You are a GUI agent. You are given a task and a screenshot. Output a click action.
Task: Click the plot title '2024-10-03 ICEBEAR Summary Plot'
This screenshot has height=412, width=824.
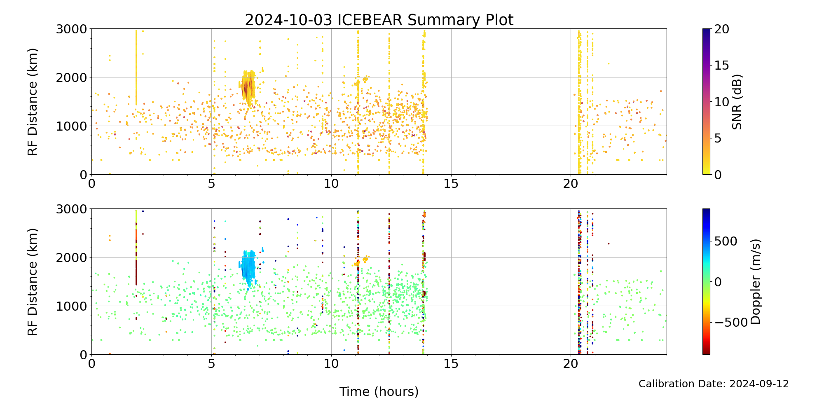(x=379, y=20)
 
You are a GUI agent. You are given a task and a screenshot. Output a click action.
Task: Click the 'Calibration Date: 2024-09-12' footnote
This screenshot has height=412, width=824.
(x=714, y=384)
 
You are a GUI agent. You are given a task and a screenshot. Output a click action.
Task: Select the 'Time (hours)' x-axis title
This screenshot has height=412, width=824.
(x=379, y=392)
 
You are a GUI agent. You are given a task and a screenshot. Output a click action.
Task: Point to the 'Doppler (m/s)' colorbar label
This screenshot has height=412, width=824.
(x=756, y=282)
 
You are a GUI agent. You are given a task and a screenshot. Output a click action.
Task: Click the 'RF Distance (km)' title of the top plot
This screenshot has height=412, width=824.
(x=33, y=102)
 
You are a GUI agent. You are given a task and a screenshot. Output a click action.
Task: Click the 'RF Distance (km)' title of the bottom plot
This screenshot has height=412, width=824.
(x=33, y=282)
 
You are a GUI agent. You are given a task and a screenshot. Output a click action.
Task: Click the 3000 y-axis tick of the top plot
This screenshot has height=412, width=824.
(x=71, y=29)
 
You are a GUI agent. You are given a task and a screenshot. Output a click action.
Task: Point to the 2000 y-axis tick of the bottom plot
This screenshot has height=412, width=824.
(x=71, y=257)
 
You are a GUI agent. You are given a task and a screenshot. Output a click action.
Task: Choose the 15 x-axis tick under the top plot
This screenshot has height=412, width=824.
(x=451, y=183)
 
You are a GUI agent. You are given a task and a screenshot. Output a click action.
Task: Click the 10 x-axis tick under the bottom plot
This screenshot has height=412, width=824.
(x=331, y=363)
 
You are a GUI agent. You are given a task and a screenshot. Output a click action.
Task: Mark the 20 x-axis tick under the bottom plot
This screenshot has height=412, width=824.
(x=571, y=363)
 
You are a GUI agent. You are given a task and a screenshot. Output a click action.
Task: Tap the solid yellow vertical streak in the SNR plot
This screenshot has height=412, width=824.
(x=136, y=66)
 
